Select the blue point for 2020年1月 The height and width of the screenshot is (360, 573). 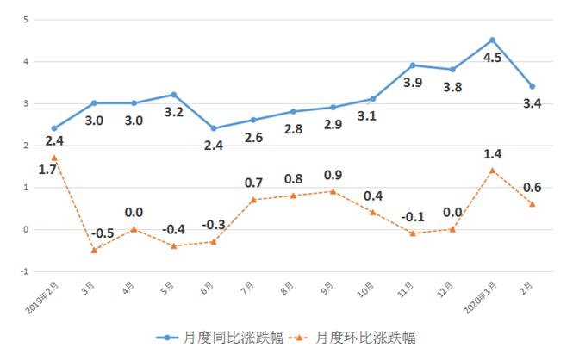click(x=492, y=40)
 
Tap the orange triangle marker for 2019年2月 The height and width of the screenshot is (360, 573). click(x=54, y=158)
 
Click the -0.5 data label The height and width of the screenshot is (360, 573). click(x=102, y=233)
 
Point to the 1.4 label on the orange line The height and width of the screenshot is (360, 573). click(x=492, y=153)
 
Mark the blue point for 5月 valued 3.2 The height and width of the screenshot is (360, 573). click(x=173, y=95)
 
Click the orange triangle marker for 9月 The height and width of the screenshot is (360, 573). click(x=333, y=191)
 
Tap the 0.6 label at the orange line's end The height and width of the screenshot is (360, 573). click(x=533, y=188)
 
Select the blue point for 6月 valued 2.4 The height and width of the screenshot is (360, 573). click(x=214, y=128)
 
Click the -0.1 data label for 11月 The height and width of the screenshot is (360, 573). click(x=412, y=215)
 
